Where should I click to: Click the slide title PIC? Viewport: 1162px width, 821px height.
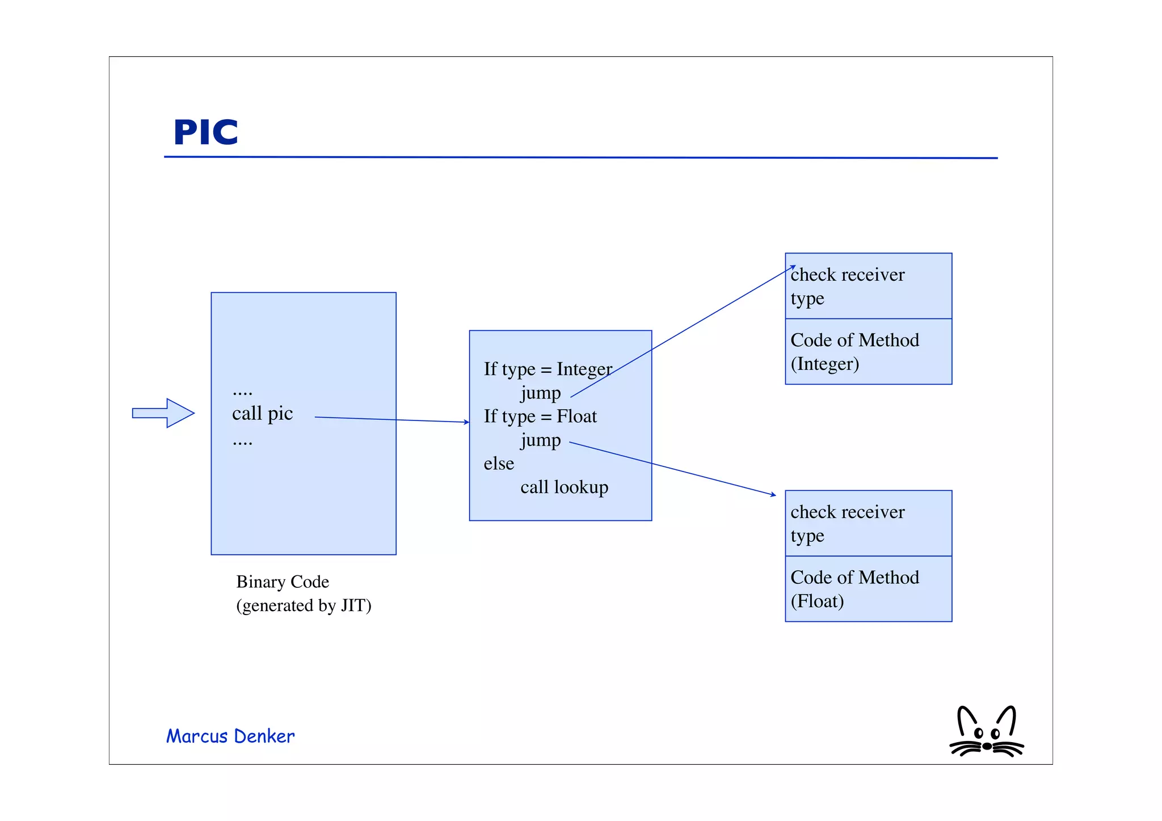[205, 132]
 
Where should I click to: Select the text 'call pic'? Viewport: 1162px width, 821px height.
[262, 414]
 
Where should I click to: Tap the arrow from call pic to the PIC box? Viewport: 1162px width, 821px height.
[391, 420]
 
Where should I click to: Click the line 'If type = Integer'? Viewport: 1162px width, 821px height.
[548, 369]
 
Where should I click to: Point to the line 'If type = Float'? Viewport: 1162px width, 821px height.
[540, 416]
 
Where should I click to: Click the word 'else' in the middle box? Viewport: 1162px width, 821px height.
[499, 464]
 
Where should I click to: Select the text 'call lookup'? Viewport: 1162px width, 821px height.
[564, 487]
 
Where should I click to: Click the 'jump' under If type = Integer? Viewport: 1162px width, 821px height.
[540, 393]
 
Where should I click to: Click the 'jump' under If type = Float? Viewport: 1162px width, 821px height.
[540, 440]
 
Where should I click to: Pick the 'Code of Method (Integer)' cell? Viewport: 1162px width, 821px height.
[868, 352]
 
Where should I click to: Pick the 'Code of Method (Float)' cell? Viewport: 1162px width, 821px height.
[868, 589]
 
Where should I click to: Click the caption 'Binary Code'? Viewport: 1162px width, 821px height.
[283, 582]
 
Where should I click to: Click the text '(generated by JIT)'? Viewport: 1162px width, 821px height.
[304, 606]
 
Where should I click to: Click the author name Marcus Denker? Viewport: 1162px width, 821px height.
[230, 736]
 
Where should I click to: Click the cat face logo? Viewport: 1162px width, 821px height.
[987, 733]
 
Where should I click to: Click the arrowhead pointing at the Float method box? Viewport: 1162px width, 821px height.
[773, 495]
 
